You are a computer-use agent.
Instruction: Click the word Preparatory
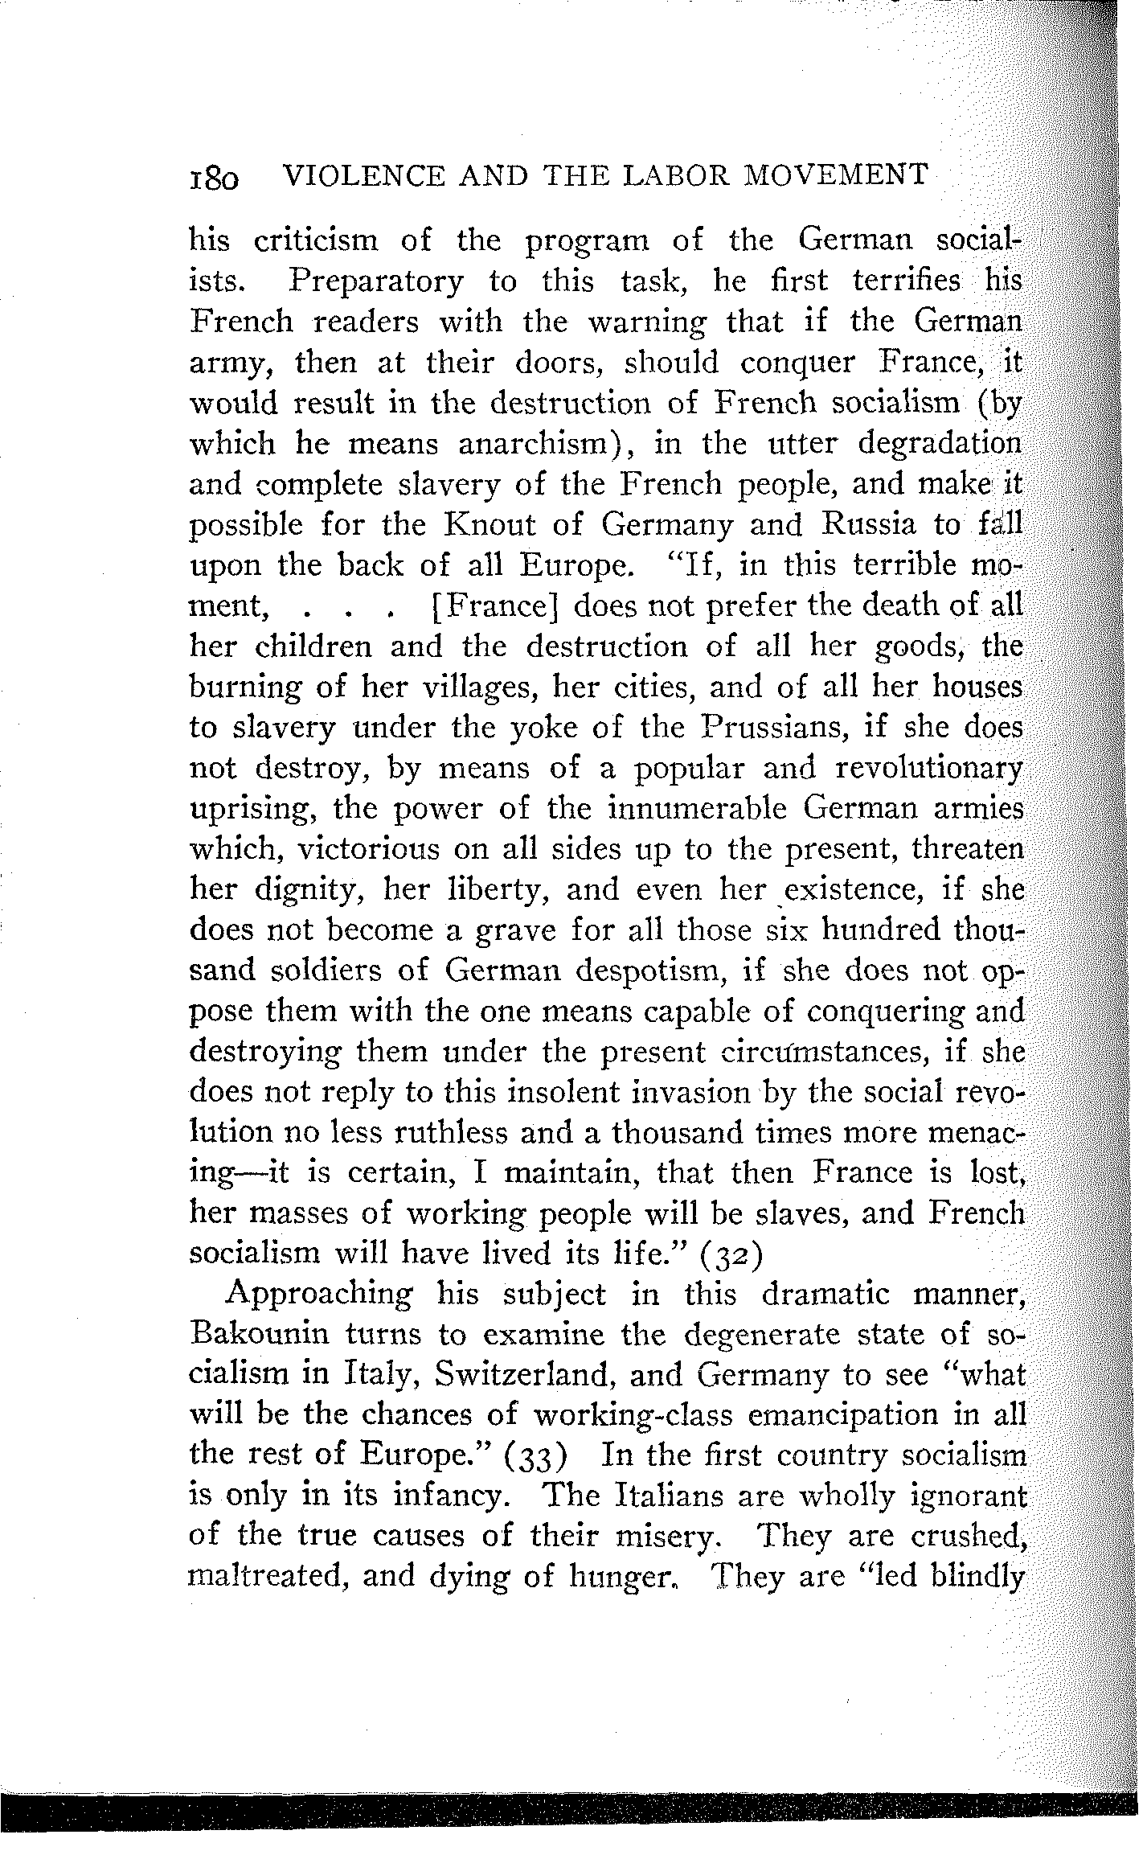coord(376,282)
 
